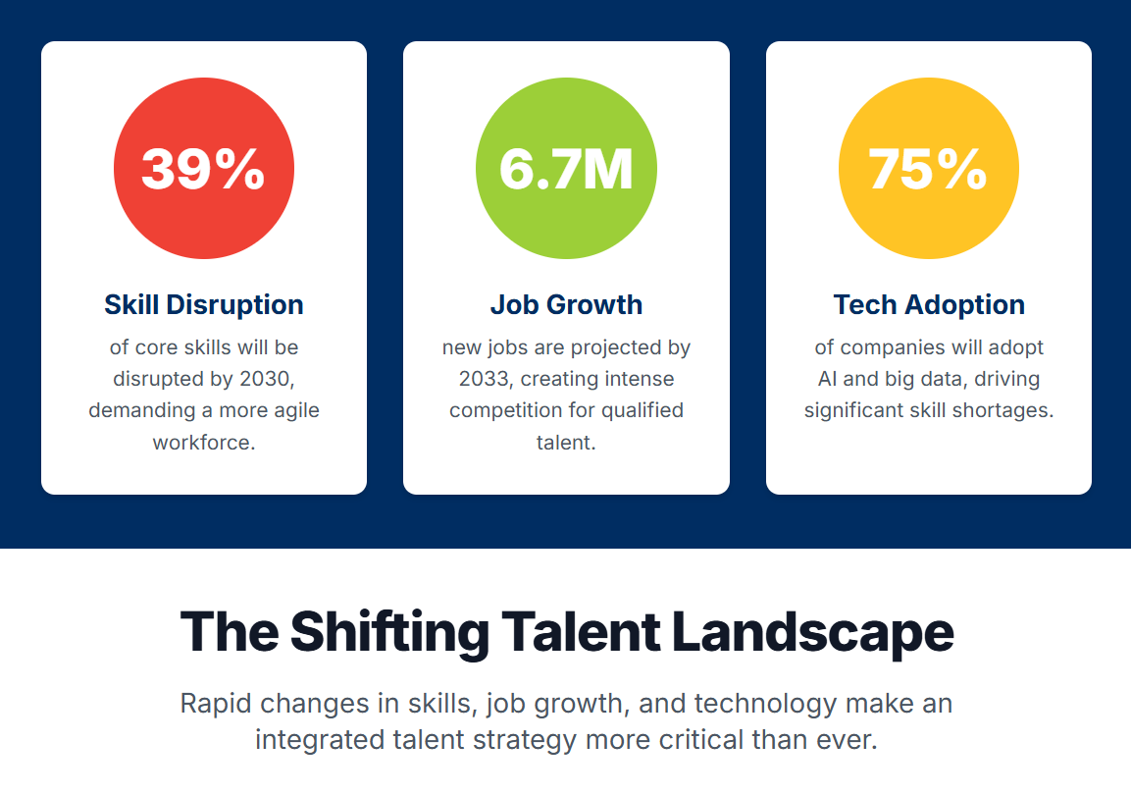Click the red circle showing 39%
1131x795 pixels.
[x=204, y=168]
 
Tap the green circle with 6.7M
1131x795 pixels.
[x=566, y=168]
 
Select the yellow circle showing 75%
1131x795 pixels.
[x=928, y=168]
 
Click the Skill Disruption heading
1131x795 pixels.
[x=204, y=305]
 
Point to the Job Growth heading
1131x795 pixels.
[x=566, y=305]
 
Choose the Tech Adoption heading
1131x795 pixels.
[x=929, y=305]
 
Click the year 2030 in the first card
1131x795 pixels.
[x=266, y=380]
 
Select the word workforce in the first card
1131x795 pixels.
[x=204, y=443]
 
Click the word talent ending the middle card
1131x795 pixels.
[x=566, y=443]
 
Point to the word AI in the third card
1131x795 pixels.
[x=827, y=379]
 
